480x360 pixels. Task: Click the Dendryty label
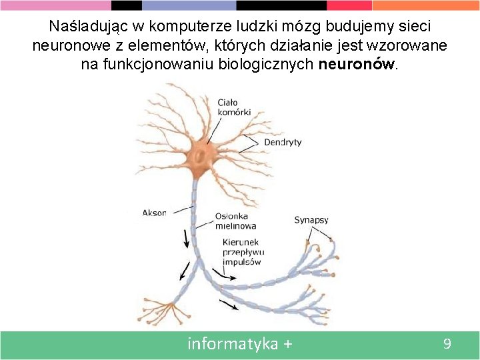tap(283, 142)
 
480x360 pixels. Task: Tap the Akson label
tap(155, 213)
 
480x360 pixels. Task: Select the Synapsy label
tap(311, 220)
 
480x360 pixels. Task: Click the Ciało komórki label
tap(234, 107)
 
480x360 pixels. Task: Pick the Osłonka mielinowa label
tap(235, 221)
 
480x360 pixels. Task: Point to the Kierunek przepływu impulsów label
tap(243, 252)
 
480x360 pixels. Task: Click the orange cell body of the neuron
tap(199, 157)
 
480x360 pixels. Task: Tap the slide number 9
tap(447, 344)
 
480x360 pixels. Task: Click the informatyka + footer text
tap(240, 344)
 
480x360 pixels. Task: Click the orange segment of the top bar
tap(427, 5)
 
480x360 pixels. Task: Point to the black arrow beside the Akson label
tap(185, 237)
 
